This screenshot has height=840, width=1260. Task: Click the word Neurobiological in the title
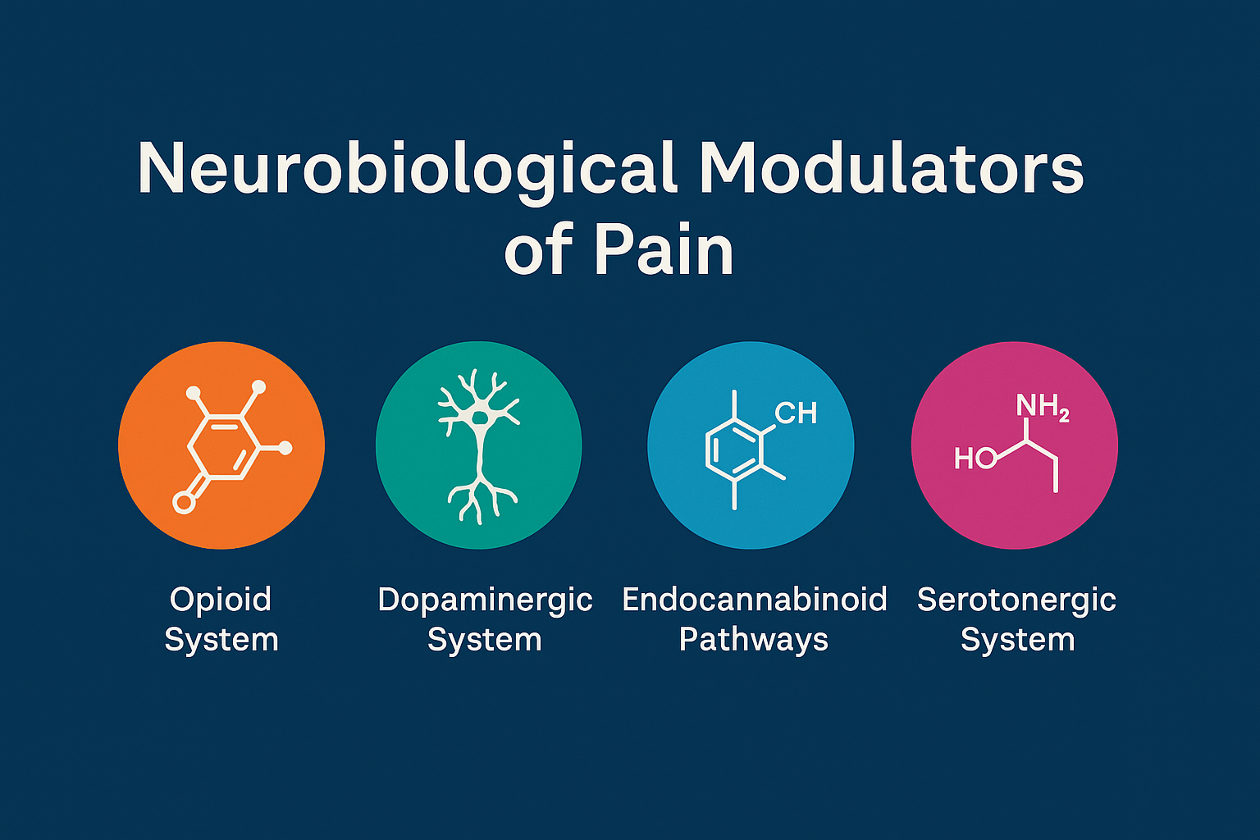pyautogui.click(x=407, y=170)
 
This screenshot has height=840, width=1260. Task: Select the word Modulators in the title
pyautogui.click(x=892, y=170)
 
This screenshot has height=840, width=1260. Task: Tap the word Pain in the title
pyautogui.click(x=664, y=250)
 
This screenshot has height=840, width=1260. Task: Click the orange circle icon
pyautogui.click(x=221, y=445)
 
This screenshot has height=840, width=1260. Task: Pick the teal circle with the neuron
pyautogui.click(x=479, y=445)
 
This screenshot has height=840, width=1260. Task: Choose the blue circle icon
pyautogui.click(x=751, y=445)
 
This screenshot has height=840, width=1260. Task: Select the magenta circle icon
pyautogui.click(x=1015, y=445)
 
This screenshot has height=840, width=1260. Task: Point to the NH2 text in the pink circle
pyautogui.click(x=1042, y=406)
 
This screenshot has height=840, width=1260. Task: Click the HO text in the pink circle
pyautogui.click(x=975, y=459)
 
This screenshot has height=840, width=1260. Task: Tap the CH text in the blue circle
pyautogui.click(x=796, y=413)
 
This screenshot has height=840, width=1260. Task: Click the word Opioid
pyautogui.click(x=220, y=600)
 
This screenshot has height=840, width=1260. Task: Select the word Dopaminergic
pyautogui.click(x=485, y=600)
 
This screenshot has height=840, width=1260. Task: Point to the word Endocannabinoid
pyautogui.click(x=755, y=600)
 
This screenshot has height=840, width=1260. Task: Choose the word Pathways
pyautogui.click(x=754, y=640)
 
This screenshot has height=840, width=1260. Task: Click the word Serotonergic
pyautogui.click(x=1016, y=600)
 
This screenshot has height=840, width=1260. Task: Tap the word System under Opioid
pyautogui.click(x=221, y=640)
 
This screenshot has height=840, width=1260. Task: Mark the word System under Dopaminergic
pyautogui.click(x=485, y=640)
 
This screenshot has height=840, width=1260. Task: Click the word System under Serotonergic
pyautogui.click(x=1017, y=640)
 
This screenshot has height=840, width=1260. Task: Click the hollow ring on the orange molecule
pyautogui.click(x=184, y=502)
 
